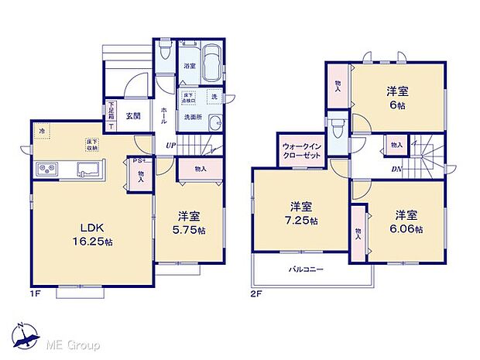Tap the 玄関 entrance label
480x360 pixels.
pyautogui.click(x=132, y=117)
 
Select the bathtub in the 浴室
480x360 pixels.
pyautogui.click(x=211, y=60)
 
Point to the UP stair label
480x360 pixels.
pyautogui.click(x=170, y=145)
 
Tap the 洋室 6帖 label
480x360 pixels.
pyautogui.click(x=398, y=97)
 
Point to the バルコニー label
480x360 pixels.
pyautogui.click(x=307, y=269)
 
